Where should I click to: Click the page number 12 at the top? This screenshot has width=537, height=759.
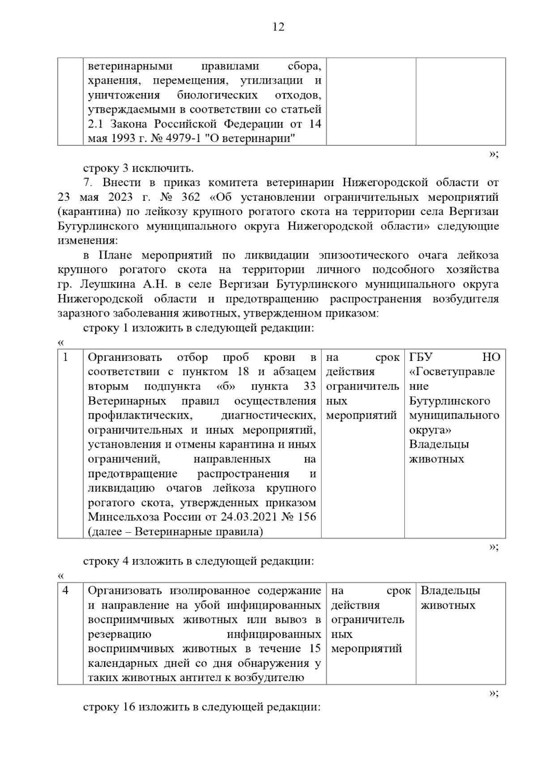point(278,27)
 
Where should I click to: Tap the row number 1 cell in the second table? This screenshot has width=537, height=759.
point(66,357)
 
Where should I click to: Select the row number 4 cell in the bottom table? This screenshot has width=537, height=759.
point(66,591)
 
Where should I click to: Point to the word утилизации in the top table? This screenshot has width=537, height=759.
point(272,81)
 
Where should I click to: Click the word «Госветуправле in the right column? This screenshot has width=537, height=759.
point(452,372)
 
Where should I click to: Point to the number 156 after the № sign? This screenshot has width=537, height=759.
point(307,517)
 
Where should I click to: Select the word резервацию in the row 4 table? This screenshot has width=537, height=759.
point(119,634)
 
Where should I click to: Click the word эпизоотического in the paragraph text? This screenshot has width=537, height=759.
point(363,255)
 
